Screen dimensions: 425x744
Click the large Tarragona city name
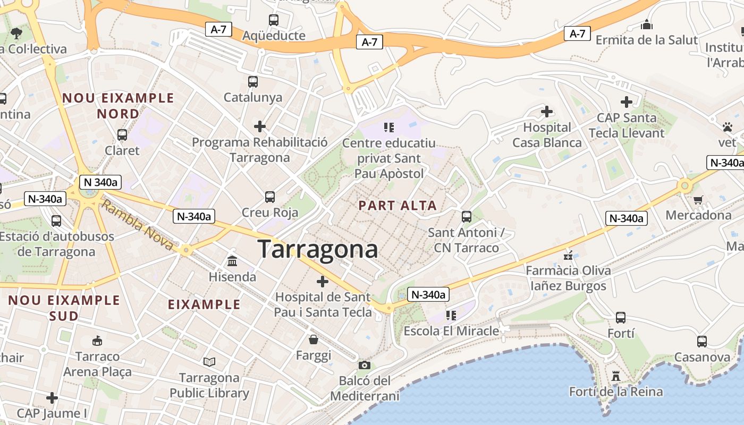[x=318, y=249]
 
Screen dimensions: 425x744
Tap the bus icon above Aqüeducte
[x=274, y=21]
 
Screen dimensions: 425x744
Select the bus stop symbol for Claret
[x=122, y=135]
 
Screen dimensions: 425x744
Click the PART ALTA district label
[x=398, y=206]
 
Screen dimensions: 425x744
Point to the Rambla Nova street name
[x=137, y=225]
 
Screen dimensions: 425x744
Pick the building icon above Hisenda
[x=232, y=261]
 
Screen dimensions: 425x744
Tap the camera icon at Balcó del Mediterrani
[x=365, y=365]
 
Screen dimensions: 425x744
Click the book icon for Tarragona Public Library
[x=210, y=362]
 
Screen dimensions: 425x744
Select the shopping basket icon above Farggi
[x=314, y=339]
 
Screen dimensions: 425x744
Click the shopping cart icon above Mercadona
[x=698, y=200]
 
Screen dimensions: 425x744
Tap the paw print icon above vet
[x=728, y=127]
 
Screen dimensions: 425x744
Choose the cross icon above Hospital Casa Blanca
[x=546, y=112]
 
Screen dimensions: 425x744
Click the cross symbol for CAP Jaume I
[x=52, y=397]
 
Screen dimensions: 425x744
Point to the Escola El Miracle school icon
[x=451, y=316]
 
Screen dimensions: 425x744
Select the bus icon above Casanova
[x=702, y=342]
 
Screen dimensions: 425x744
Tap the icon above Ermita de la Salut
[x=646, y=24]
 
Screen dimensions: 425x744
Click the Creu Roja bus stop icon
[x=270, y=197]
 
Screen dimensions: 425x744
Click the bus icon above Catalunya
[x=253, y=82]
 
